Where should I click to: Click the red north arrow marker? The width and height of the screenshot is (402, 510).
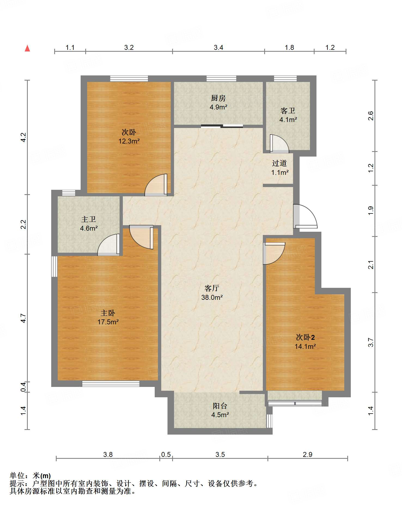[27, 48]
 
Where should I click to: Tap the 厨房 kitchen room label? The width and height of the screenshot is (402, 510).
[218, 102]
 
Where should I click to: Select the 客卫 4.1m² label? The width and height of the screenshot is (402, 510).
[288, 115]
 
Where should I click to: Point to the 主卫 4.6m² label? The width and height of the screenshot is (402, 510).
[89, 224]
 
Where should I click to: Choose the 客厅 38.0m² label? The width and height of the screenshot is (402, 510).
[212, 293]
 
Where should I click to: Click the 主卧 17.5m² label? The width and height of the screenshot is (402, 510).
[108, 317]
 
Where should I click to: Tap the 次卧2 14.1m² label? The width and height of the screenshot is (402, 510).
[305, 342]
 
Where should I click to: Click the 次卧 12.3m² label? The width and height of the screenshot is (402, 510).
[129, 137]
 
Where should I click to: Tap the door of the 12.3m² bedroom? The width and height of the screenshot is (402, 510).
[156, 185]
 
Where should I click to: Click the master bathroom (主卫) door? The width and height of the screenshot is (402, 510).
[109, 245]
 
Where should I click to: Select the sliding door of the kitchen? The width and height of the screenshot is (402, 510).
[222, 126]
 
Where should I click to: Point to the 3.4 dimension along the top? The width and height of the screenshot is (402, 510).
[218, 48]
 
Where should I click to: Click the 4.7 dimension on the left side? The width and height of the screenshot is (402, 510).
[23, 318]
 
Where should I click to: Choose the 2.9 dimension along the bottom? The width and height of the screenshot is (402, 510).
[307, 454]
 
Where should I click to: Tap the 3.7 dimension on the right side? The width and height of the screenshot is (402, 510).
[371, 342]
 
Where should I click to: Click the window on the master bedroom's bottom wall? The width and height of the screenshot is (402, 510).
[111, 384]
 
